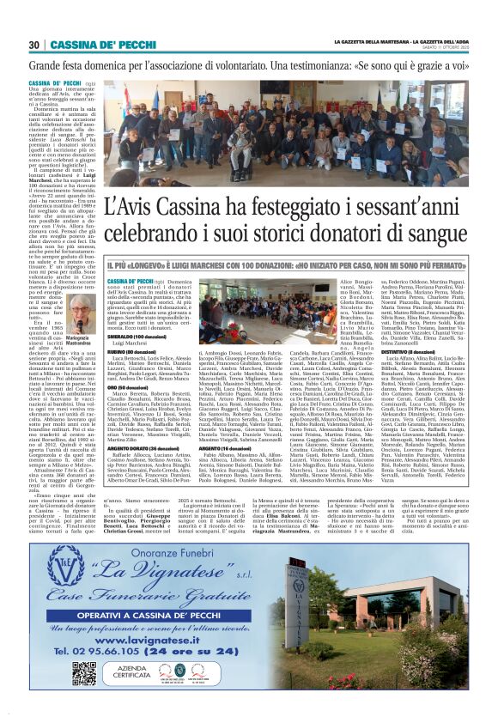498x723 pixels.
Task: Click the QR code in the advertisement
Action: coord(83,649)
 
